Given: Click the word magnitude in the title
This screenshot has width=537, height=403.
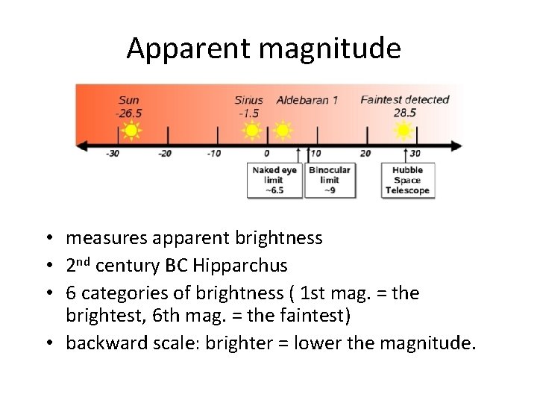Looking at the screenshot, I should click(x=331, y=49).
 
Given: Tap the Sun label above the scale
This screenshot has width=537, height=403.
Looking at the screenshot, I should click(x=129, y=100).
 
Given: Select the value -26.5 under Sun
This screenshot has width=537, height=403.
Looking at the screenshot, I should click(x=129, y=113).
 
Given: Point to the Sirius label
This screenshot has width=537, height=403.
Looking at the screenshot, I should click(x=248, y=100).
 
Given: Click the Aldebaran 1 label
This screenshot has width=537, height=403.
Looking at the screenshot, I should click(x=307, y=100).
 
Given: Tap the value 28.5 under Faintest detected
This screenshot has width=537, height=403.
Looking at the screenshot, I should click(x=405, y=113).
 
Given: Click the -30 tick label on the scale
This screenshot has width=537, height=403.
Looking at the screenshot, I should click(x=113, y=154).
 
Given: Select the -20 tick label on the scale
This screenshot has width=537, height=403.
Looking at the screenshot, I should click(x=165, y=154).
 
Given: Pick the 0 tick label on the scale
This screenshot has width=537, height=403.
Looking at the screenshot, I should click(x=266, y=154).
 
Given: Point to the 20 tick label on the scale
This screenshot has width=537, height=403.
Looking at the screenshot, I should click(x=365, y=154).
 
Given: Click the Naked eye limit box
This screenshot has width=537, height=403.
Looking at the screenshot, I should click(x=274, y=180).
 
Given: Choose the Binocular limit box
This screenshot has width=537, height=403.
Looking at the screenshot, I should click(x=330, y=180).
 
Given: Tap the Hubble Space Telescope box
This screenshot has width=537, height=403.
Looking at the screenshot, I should click(x=407, y=180).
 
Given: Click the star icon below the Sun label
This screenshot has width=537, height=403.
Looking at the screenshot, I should click(x=131, y=131).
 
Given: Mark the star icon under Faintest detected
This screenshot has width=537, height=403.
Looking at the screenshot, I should click(x=403, y=131).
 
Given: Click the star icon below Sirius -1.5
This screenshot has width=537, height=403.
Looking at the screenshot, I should click(x=252, y=131).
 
